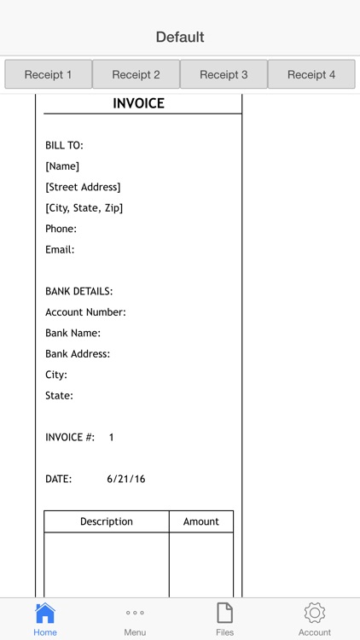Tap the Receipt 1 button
pyautogui.click(x=48, y=74)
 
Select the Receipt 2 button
pyautogui.click(x=136, y=74)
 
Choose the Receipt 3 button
pyautogui.click(x=224, y=74)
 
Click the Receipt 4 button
pyautogui.click(x=311, y=74)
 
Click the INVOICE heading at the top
pyautogui.click(x=138, y=104)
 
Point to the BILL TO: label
pyautogui.click(x=64, y=146)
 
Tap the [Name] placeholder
pyautogui.click(x=62, y=166)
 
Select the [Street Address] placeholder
pyautogui.click(x=83, y=187)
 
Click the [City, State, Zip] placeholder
pyautogui.click(x=84, y=208)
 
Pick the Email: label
pyautogui.click(x=60, y=250)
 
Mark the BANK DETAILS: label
pyautogui.click(x=78, y=292)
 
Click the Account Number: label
pyautogui.click(x=85, y=312)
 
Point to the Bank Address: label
pyautogui.click(x=78, y=354)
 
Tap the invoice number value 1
pyautogui.click(x=111, y=438)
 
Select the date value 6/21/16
pyautogui.click(x=126, y=480)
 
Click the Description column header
pyautogui.click(x=107, y=521)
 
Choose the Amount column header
pyautogui.click(x=201, y=521)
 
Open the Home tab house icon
pyautogui.click(x=45, y=613)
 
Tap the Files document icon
pyautogui.click(x=224, y=613)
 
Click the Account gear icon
pyautogui.click(x=315, y=613)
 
